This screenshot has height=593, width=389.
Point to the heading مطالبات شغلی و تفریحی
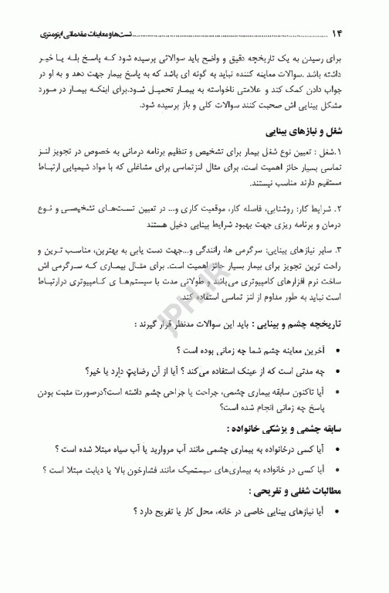pos(300,490)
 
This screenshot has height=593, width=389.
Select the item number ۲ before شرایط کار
pos(339,208)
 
